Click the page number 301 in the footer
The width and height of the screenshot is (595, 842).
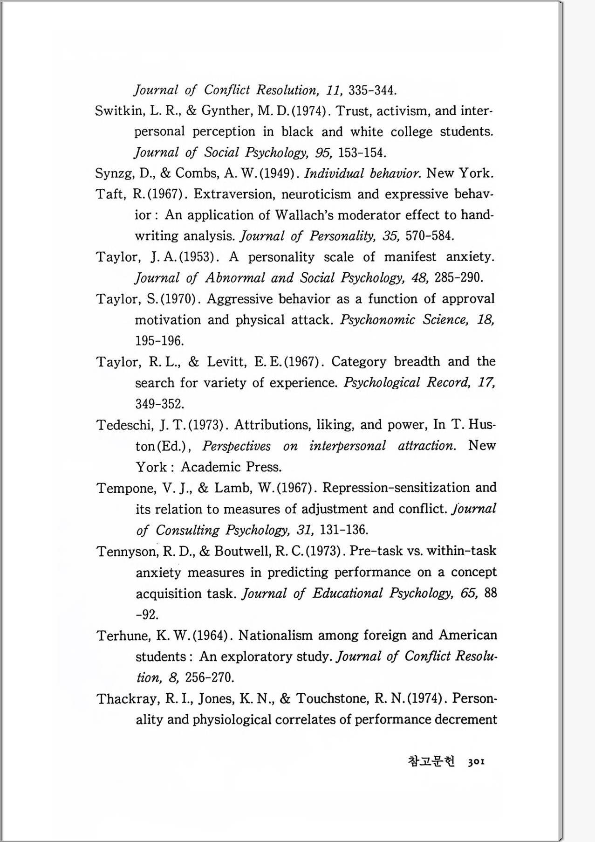coord(476,762)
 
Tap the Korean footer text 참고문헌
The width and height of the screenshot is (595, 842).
coord(431,761)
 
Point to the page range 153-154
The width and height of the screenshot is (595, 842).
coord(362,153)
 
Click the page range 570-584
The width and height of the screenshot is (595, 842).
coord(430,236)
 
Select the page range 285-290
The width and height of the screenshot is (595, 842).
coord(458,278)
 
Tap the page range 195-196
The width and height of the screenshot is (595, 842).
coord(159,341)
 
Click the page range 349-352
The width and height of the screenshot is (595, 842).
coord(159,404)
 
